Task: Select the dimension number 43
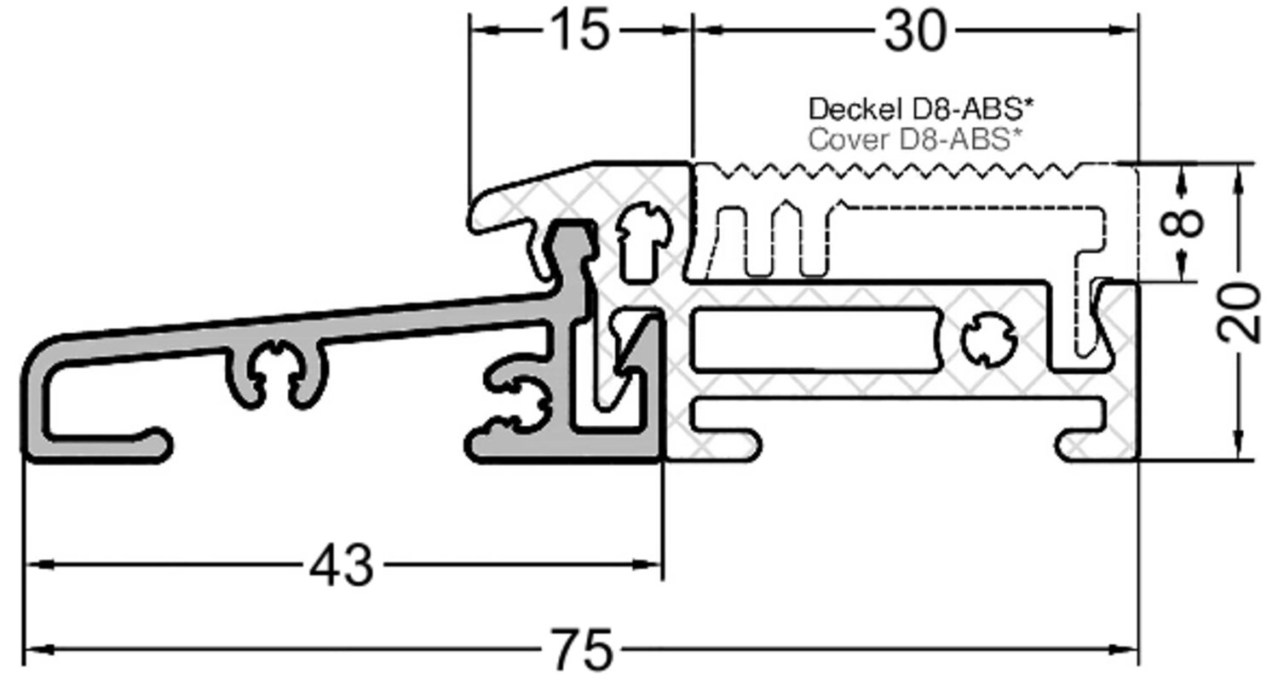[x=341, y=565]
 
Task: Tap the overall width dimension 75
[x=582, y=650]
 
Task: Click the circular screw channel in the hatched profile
[x=988, y=342]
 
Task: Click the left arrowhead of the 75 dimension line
[x=32, y=650]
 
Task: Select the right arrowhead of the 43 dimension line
[x=654, y=565]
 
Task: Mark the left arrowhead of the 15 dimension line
[x=479, y=32]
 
